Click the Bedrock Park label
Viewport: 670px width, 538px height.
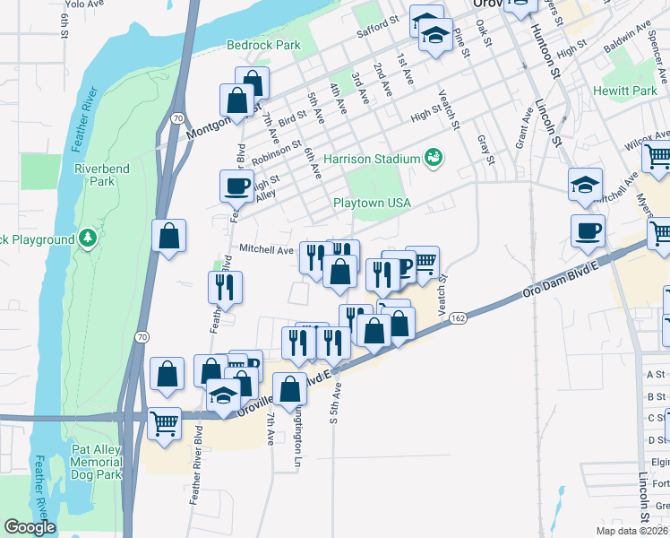coord(262,44)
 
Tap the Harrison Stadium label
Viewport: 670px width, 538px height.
coord(372,159)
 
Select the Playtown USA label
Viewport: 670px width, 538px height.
coord(372,203)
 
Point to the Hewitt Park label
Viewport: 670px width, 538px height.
coord(625,91)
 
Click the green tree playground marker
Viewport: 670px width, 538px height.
coord(88,239)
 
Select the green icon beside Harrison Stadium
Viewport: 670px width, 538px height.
coord(434,158)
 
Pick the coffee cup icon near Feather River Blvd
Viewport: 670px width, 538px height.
coord(236,186)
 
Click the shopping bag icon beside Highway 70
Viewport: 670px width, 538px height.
coord(168,237)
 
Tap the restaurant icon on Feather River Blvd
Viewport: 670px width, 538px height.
coord(224,286)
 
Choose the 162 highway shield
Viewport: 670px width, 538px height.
coord(458,318)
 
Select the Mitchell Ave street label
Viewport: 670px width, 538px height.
coord(266,250)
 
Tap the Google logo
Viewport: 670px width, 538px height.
coord(30,527)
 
